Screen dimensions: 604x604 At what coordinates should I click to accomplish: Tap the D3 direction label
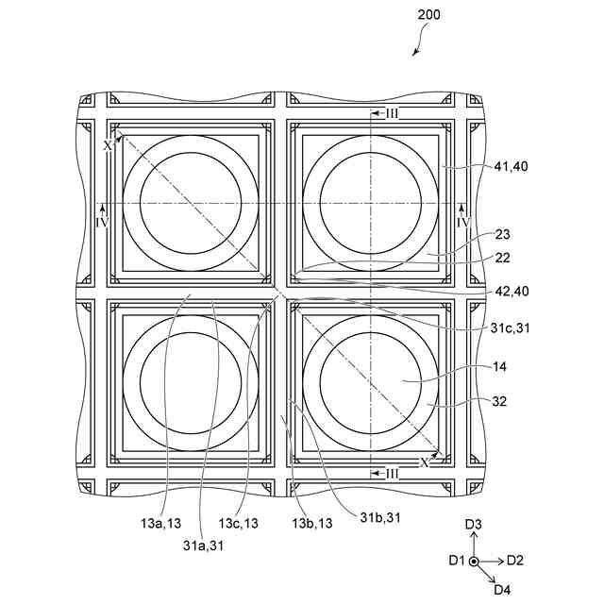474,524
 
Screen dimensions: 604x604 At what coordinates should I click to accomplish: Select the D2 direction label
515,561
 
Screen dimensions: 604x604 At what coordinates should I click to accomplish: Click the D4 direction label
502,590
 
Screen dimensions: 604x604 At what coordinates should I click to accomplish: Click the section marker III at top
392,113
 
